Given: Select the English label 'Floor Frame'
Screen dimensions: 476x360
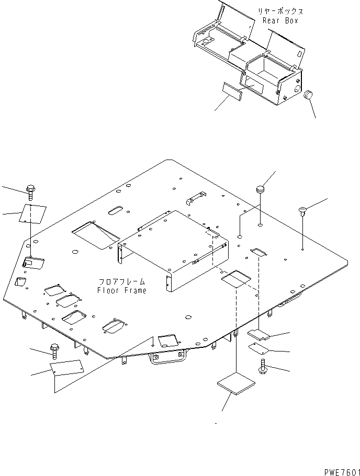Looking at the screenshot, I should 122,290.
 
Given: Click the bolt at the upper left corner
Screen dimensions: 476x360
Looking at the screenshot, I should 30,192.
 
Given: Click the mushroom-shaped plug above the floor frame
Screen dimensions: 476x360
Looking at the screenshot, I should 262,188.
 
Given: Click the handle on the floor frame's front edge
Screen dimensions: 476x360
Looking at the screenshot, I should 167,358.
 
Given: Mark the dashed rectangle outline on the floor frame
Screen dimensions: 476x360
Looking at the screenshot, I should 236,279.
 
